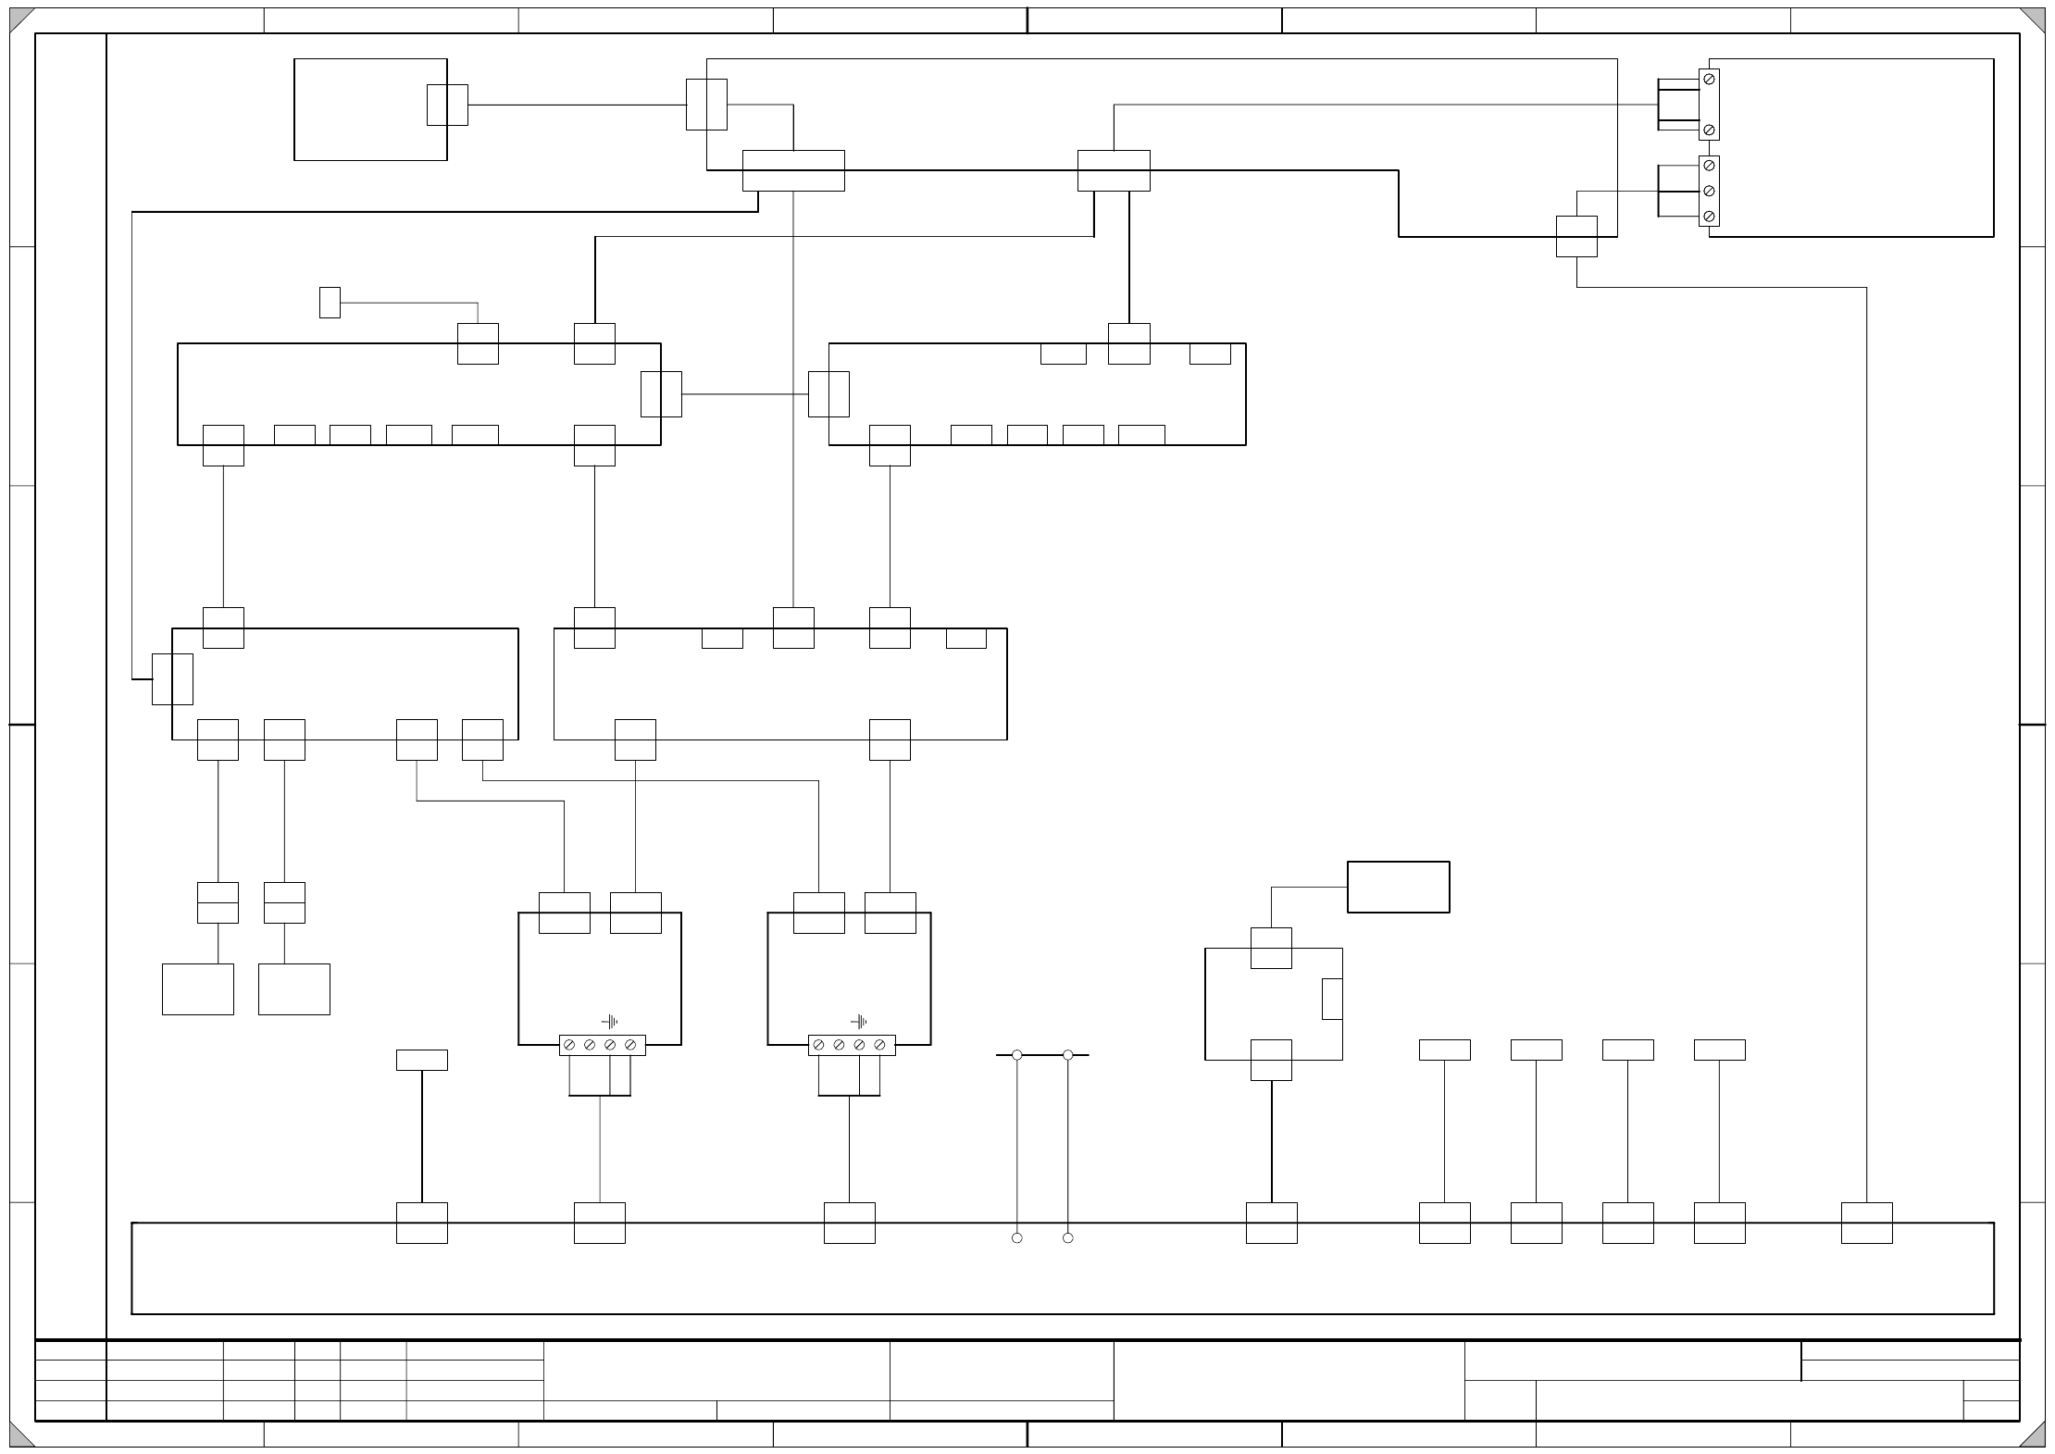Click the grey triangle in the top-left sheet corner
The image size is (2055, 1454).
point(19,19)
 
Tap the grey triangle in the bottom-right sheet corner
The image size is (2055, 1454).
point(2034,1435)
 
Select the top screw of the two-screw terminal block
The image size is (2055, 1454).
point(1709,80)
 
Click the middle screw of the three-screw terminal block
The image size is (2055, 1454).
point(1709,191)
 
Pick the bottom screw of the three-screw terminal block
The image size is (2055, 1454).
point(1709,217)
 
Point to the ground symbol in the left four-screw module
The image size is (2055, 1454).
point(610,1022)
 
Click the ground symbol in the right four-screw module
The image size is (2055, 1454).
point(860,1022)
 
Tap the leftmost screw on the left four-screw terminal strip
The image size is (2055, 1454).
point(569,1045)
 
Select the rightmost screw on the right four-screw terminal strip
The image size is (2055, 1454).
point(879,1045)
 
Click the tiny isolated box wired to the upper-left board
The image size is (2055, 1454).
point(330,303)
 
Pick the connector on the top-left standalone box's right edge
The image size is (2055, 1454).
point(447,105)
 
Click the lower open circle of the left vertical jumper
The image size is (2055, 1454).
point(1016,1237)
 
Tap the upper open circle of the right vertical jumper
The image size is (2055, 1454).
point(1067,1055)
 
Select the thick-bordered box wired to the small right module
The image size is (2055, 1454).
point(1398,887)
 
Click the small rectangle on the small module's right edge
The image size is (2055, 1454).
point(1332,999)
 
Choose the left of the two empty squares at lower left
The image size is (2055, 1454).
point(198,988)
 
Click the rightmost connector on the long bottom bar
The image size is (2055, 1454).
point(1866,1223)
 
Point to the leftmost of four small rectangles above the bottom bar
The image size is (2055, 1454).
point(1444,1050)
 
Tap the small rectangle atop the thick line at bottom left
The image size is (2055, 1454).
point(422,1060)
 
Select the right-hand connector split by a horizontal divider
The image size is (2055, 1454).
point(284,902)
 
